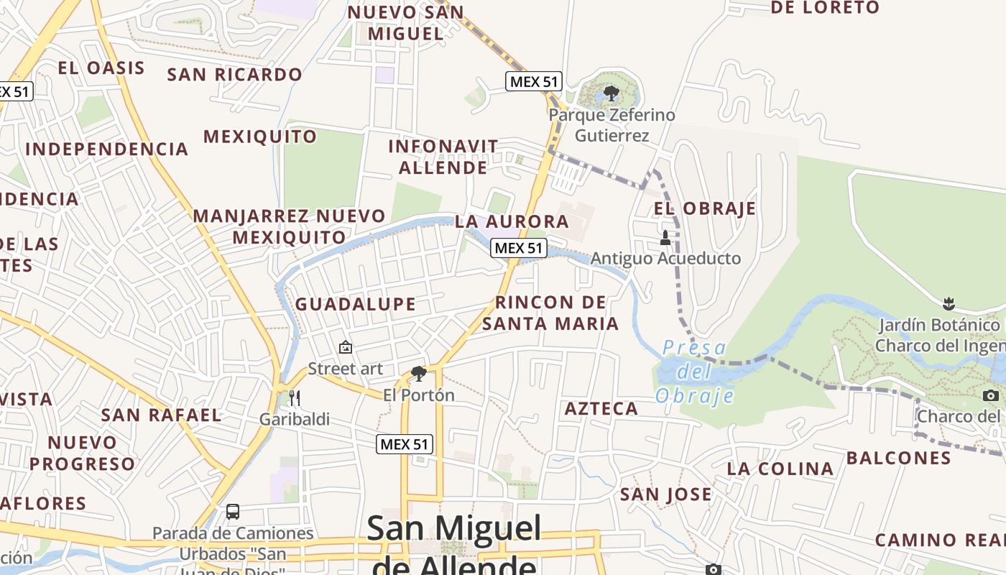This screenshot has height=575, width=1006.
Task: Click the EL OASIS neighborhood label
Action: point(101,68)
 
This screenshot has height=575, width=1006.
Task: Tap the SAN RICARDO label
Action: point(234,75)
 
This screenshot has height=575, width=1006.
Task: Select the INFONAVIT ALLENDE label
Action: point(443,157)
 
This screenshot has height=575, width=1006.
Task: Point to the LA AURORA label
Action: point(512,221)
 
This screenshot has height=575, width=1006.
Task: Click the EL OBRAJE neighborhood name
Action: point(705,208)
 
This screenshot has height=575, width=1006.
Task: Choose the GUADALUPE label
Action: point(356,304)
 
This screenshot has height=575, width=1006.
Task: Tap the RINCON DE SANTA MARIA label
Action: point(550,313)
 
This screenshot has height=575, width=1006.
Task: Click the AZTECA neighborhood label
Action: point(601,409)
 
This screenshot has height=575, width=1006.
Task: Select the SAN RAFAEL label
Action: point(162,415)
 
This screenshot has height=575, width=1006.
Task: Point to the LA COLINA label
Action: point(780,469)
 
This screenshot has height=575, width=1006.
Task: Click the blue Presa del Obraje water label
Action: point(694,372)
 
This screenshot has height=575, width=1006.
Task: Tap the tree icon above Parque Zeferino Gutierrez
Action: point(612,93)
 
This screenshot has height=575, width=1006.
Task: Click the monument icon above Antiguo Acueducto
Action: point(665,237)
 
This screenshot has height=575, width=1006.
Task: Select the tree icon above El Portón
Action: point(418,374)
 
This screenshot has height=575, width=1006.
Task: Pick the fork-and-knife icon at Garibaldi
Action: point(294,397)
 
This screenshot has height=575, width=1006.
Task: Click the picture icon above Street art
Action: point(346,348)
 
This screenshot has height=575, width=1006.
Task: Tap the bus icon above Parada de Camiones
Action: point(233,512)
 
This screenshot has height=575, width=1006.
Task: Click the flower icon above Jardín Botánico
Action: point(949,303)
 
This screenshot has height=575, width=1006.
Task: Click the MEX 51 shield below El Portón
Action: point(405,444)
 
